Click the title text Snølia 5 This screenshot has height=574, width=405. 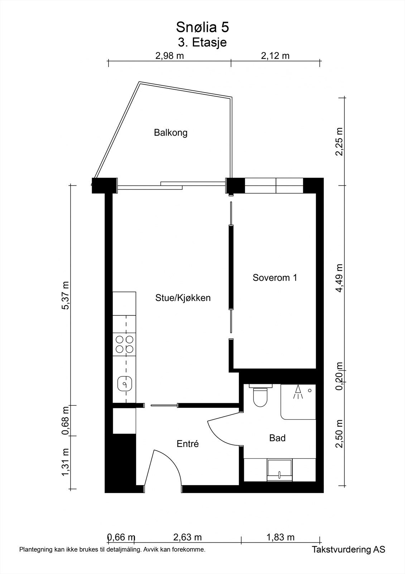[202, 27]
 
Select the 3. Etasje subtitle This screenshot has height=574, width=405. [202, 42]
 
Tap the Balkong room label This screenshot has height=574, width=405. [170, 133]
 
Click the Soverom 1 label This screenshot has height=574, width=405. [275, 278]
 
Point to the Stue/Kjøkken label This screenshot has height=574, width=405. [183, 298]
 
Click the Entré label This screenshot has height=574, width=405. [188, 444]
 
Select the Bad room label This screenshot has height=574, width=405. [277, 438]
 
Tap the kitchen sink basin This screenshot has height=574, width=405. [125, 384]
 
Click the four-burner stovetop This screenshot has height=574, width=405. [125, 344]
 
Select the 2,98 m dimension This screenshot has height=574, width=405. [169, 56]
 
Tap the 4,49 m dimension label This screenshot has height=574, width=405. [339, 278]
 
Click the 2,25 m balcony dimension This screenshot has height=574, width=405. [339, 141]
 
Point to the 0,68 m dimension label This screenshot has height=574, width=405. [66, 421]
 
